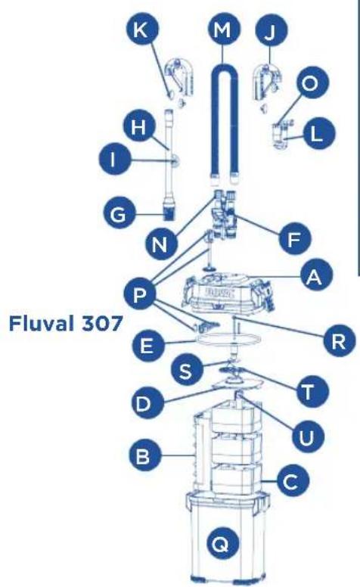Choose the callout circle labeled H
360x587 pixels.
pos(138,129)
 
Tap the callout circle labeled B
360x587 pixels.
pos(139,456)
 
